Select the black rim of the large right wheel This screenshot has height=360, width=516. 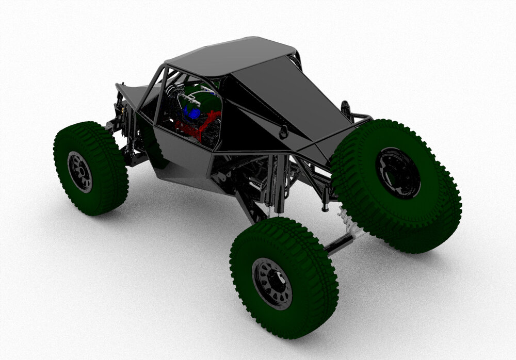pos(397,173)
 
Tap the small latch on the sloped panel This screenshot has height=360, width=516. pos(283,131)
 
